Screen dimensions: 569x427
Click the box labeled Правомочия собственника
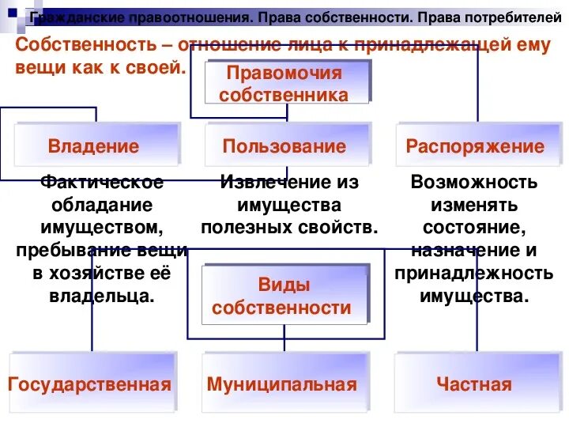pyautogui.click(x=287, y=82)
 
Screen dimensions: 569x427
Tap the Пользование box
pyautogui.click(x=285, y=145)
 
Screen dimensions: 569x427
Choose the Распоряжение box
pyautogui.click(x=475, y=146)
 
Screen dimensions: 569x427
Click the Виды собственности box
pyautogui.click(x=284, y=295)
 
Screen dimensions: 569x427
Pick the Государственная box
pyautogui.click(x=91, y=384)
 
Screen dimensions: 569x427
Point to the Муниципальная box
pyautogui.click(x=282, y=384)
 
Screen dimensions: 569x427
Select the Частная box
pyautogui.click(x=474, y=384)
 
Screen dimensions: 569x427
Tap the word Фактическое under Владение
pyautogui.click(x=102, y=183)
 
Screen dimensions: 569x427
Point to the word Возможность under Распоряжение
pyautogui.click(x=474, y=183)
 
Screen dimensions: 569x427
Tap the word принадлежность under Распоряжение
pyautogui.click(x=474, y=274)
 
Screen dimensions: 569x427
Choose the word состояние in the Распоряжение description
pyautogui.click(x=474, y=229)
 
